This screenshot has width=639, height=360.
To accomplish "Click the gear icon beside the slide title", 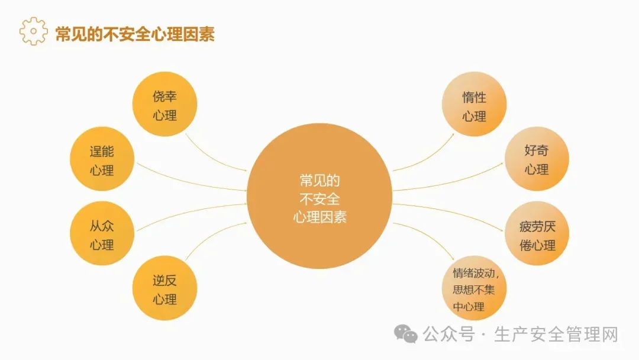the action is coord(33,31).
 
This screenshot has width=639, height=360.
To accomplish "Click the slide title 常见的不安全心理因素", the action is coord(134,34).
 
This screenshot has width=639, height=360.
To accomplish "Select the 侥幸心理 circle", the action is coord(164,104).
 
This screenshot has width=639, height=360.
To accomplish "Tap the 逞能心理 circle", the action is coord(102,160).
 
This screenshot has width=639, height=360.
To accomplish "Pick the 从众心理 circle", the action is coord(102,234).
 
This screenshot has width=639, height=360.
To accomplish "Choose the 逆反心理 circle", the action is coord(164,290).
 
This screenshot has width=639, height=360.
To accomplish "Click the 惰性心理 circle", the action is coord(474,105).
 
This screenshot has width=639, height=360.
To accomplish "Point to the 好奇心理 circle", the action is coord(537,159).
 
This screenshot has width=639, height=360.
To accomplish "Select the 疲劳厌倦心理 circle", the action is coord(537,234).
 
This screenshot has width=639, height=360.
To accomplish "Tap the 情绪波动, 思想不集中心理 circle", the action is coord(474,290).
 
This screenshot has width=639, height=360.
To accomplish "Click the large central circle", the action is coord(319,198).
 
